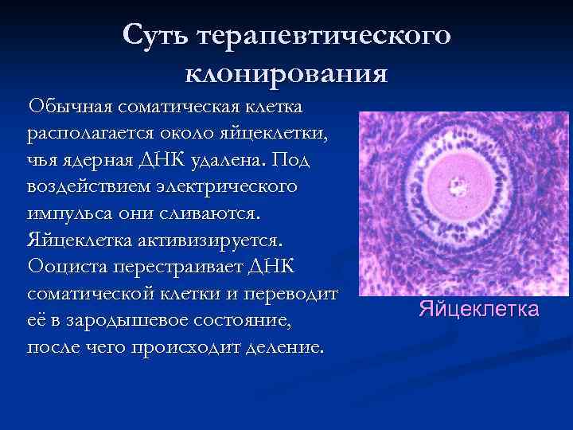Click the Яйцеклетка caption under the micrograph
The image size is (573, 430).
(x=479, y=308)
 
